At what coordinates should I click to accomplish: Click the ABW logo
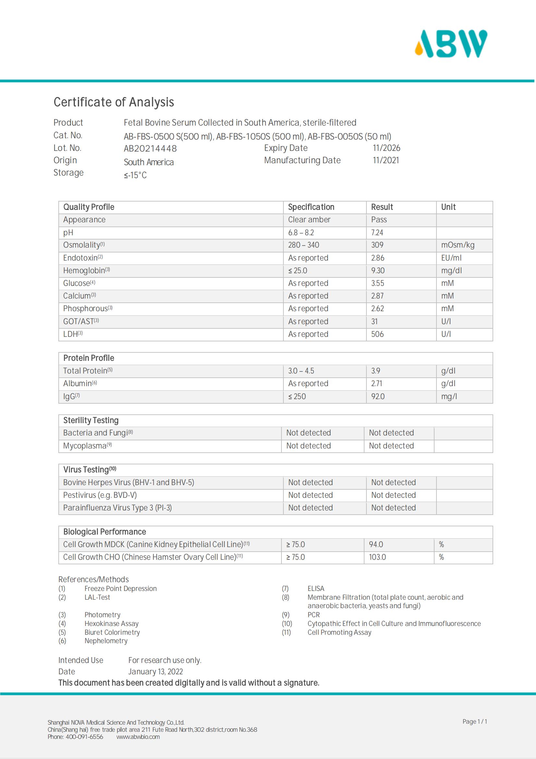tap(451, 43)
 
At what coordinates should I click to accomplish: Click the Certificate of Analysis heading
tap(113, 102)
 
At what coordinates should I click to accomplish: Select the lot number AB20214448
tap(150, 148)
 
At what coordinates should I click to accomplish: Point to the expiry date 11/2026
tap(387, 148)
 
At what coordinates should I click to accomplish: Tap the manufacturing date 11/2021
tap(386, 160)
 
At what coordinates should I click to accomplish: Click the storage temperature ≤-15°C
tap(135, 175)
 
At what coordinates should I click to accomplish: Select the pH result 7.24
tap(377, 233)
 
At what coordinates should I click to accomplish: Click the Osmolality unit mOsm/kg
tap(458, 245)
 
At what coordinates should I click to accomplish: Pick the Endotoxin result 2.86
tap(377, 258)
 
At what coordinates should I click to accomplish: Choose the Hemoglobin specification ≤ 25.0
tap(298, 270)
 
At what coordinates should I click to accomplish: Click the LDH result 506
tap(377, 334)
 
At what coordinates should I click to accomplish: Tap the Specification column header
tap(311, 207)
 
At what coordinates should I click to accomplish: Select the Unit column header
tap(448, 207)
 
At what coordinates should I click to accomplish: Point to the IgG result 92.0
tap(378, 396)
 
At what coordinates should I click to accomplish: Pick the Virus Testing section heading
tap(89, 470)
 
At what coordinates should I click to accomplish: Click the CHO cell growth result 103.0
tap(377, 557)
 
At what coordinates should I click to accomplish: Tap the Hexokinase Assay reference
tap(111, 623)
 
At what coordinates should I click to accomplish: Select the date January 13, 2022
tap(156, 672)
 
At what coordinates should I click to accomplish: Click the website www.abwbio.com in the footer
tap(138, 737)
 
